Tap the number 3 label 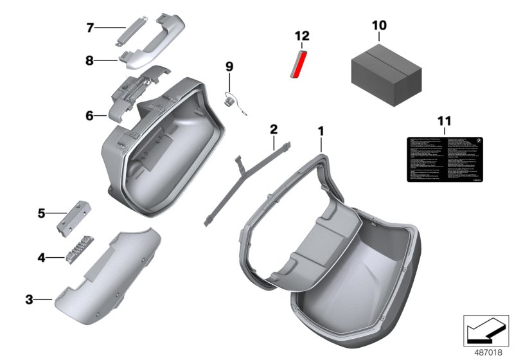[29, 299]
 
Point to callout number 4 [41, 257]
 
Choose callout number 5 [41, 213]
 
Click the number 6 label [90, 116]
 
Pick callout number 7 [91, 28]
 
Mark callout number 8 [91, 61]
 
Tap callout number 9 [229, 66]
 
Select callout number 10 [379, 25]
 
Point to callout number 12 [302, 35]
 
